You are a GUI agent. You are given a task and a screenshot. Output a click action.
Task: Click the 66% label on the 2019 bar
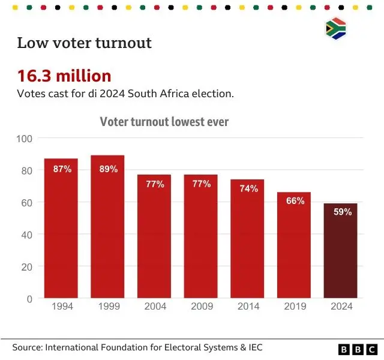[x=294, y=201]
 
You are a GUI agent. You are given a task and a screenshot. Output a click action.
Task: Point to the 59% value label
[x=340, y=212]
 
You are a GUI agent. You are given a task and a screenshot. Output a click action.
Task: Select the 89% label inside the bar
[x=107, y=169]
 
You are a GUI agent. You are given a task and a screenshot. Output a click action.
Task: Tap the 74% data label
[x=247, y=188]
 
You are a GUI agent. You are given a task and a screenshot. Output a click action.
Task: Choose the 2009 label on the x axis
[x=201, y=306]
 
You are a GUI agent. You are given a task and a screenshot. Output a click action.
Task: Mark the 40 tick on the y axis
[x=26, y=235]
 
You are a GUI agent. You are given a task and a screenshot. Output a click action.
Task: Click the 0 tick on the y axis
[x=28, y=298]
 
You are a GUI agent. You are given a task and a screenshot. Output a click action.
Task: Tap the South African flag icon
[x=335, y=29]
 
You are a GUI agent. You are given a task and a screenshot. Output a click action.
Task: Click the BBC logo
[x=358, y=349]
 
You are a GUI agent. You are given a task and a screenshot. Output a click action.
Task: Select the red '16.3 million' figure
[x=64, y=76]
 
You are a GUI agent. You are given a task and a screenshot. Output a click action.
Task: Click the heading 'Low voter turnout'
[x=84, y=43]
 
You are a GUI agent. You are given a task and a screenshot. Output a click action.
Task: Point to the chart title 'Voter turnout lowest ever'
[x=164, y=122]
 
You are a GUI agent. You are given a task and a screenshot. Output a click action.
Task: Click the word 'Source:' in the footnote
[x=27, y=347]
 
